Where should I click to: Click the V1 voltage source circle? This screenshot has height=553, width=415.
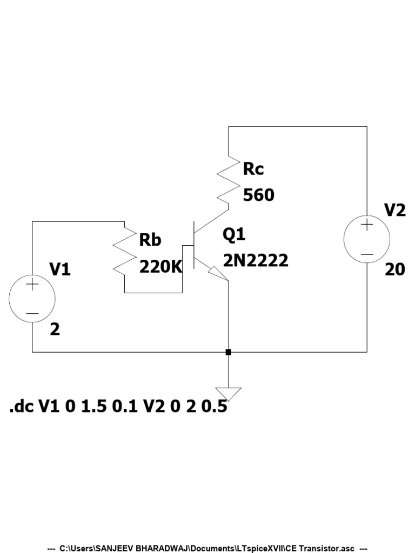[x=32, y=299]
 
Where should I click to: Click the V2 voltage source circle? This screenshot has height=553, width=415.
[x=367, y=239]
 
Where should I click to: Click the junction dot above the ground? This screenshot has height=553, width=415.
[x=229, y=352]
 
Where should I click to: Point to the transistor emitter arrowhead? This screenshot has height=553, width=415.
[x=219, y=274]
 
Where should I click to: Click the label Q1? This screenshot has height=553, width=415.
[x=233, y=235]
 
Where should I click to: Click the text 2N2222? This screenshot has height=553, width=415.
[x=256, y=261]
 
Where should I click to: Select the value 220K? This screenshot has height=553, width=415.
[x=161, y=266]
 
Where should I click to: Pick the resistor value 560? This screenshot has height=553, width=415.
[x=258, y=195]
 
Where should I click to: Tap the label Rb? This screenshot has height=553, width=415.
[x=150, y=240]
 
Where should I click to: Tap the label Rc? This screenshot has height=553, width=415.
[x=253, y=169]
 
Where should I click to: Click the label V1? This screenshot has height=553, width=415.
[x=60, y=269]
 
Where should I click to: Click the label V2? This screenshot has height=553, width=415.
[x=394, y=210]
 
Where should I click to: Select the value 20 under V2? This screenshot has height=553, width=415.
[x=394, y=269]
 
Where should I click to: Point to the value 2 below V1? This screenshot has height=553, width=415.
[x=55, y=329]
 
